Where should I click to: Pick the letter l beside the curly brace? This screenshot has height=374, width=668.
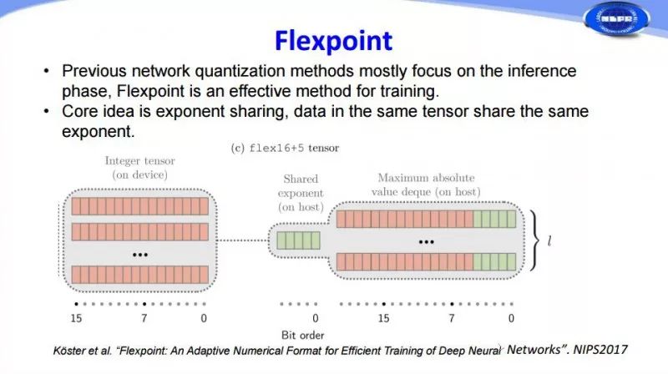(549, 241)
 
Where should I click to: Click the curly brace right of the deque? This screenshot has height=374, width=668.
(533, 240)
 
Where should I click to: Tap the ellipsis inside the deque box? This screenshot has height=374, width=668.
(427, 240)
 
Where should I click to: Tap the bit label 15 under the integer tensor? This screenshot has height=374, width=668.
(76, 319)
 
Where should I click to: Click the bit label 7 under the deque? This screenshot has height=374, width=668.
(452, 319)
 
